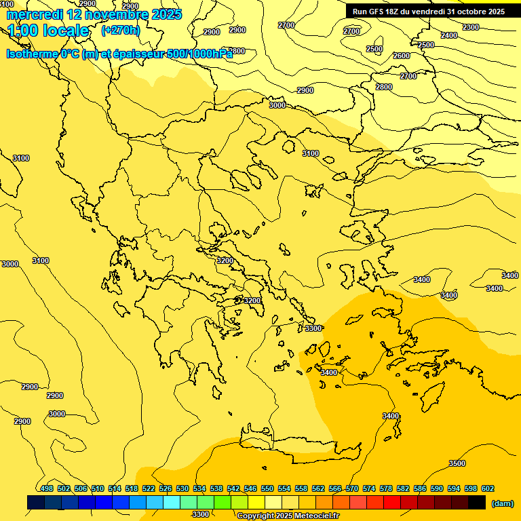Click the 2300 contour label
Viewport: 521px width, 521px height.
470,27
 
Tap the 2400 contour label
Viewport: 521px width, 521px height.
449,35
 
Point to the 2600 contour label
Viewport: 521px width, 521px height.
402,56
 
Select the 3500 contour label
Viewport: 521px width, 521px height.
457,463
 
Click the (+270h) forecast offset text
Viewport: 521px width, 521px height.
121,30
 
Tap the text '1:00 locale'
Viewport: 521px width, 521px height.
48,31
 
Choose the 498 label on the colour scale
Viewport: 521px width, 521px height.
47,488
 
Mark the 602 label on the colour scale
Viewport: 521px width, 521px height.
488,488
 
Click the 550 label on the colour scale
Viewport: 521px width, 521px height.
267,488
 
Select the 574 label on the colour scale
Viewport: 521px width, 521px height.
369,488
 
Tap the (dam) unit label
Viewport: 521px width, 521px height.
503,503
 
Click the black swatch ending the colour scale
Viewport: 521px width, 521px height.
477,502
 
